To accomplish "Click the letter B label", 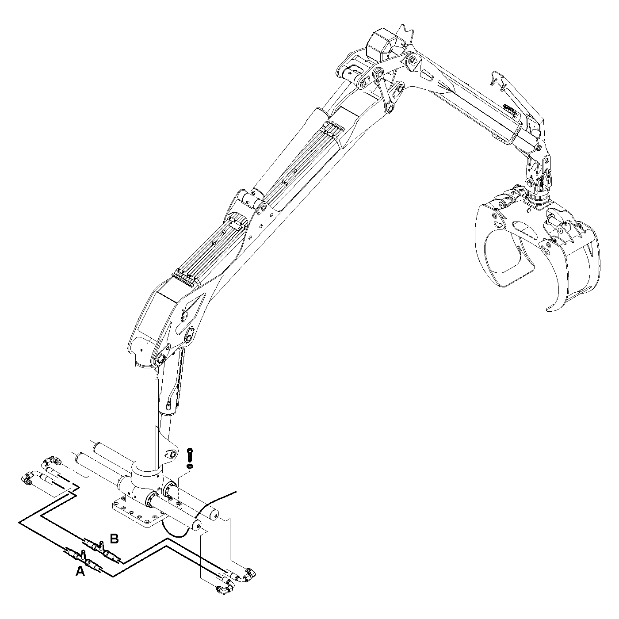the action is tap(115, 539).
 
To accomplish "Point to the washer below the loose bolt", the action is tap(190, 466).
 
